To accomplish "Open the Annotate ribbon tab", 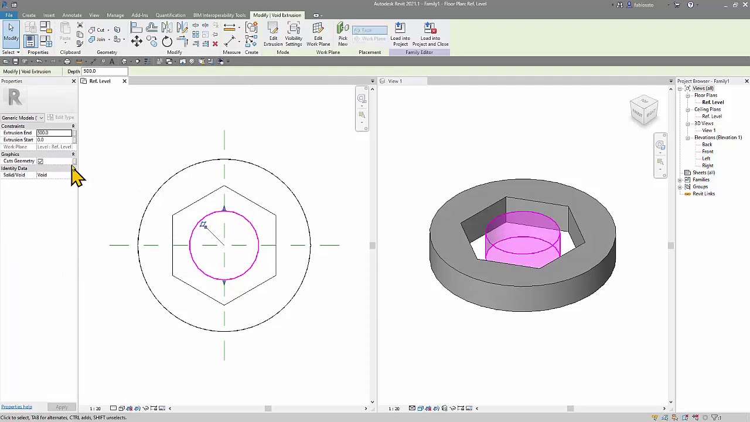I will tap(72, 15).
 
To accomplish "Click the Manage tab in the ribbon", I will tap(115, 15).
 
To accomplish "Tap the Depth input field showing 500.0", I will tap(104, 72).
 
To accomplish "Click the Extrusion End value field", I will tap(53, 133).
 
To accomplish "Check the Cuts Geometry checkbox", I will tap(40, 161).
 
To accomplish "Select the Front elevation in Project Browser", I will tap(707, 152).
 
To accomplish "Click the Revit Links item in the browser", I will tap(703, 194).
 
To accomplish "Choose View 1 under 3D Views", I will tap(708, 131).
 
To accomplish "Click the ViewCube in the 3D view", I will tap(644, 110).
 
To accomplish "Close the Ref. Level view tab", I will tap(124, 81).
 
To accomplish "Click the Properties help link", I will tap(16, 407).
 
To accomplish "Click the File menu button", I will tap(9, 15).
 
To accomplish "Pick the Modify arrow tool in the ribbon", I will tap(11, 32).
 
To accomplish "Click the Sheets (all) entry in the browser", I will tap(703, 173).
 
